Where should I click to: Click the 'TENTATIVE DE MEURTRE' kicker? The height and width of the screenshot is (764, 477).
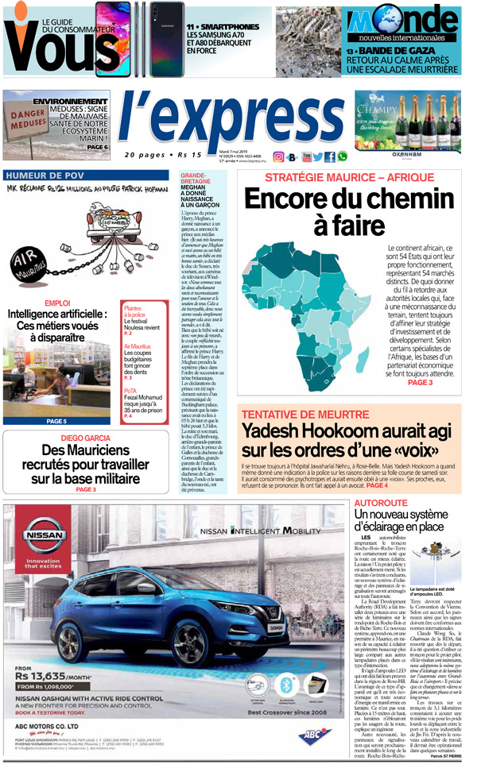tap(304, 415)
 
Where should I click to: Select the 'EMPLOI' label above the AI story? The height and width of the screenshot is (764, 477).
tap(56, 303)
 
